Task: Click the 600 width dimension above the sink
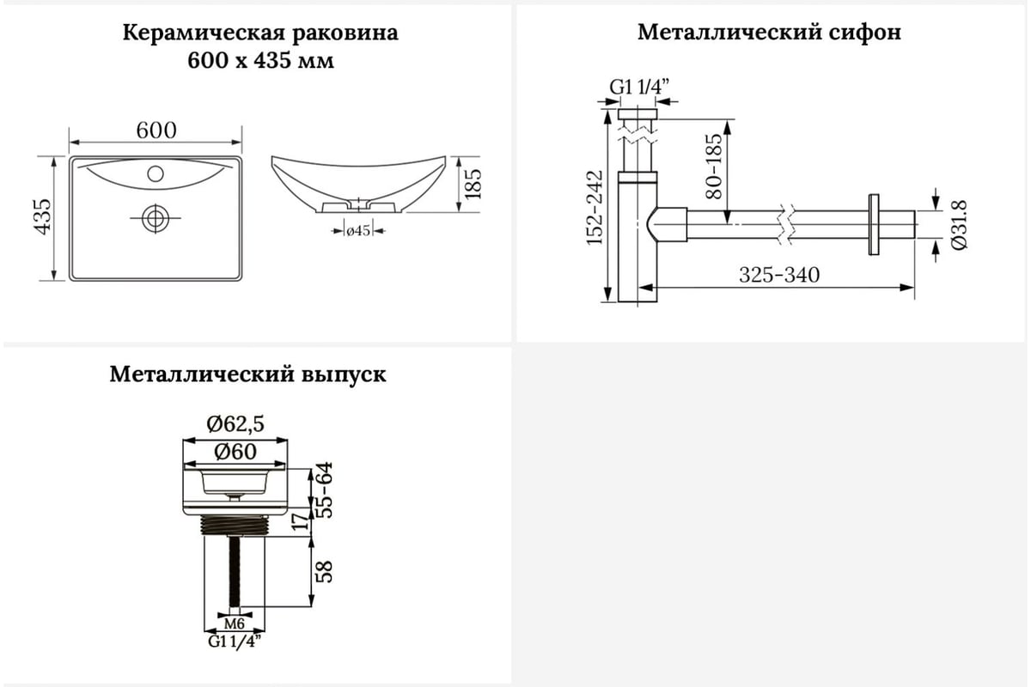156,131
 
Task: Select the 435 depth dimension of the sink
43,216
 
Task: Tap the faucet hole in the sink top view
156,173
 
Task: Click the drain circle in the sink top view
156,218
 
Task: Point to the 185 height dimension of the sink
473,184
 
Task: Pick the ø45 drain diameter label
358,230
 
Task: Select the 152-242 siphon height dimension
595,208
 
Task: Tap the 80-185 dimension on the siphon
714,167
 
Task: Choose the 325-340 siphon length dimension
779,275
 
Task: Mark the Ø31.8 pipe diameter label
960,225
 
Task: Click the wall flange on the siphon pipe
874,224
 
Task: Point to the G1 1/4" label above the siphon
639,86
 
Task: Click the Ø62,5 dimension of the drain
235,423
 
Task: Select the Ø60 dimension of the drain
235,452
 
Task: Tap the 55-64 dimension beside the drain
325,490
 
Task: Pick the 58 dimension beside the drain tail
325,572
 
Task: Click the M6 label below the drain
235,623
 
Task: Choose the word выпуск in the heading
344,374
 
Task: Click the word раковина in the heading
345,33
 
